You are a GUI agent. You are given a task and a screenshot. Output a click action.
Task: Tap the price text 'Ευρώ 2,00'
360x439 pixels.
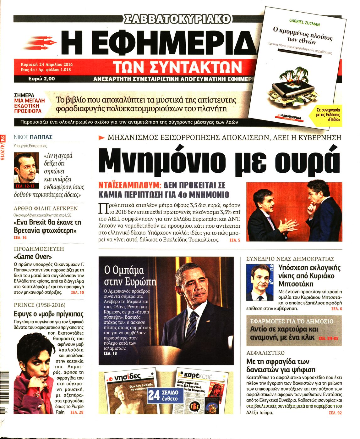pos(41,79)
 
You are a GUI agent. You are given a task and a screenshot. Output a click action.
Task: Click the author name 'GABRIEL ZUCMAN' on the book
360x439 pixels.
pos(304,22)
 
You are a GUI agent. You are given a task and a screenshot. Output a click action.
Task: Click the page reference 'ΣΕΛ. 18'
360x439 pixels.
pos(110,353)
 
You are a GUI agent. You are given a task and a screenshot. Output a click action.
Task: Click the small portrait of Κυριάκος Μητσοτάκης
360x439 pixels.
pos(260,282)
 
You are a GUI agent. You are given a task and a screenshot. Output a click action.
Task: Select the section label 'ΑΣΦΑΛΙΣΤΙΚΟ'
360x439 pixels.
pos(265,353)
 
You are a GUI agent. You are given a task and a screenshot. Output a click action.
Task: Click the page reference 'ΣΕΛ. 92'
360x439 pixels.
pos(335,413)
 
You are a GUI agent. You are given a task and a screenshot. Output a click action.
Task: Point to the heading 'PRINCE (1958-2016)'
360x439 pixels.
pos(40,305)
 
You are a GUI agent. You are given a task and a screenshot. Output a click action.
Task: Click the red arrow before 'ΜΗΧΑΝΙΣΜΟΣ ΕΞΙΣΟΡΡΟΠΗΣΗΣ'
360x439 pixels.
pos(101,137)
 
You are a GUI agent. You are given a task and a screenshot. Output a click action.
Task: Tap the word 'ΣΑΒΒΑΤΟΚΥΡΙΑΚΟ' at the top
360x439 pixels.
pos(177,19)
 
